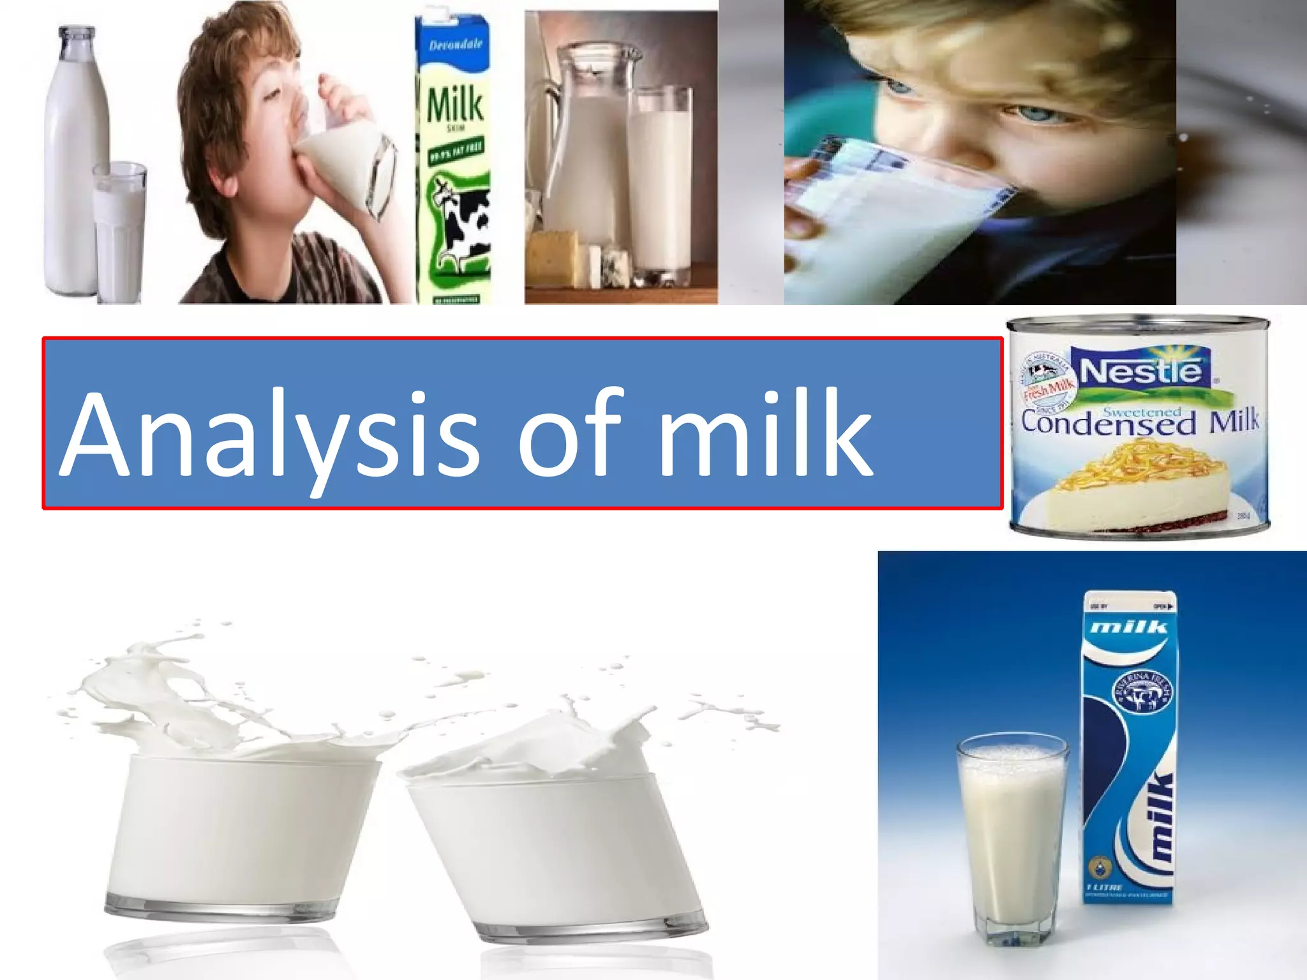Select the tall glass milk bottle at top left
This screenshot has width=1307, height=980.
(71, 160)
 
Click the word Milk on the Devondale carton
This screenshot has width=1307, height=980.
(454, 105)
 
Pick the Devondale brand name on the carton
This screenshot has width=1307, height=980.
(456, 45)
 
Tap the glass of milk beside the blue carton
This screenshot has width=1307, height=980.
(1012, 836)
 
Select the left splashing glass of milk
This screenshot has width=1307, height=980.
(243, 829)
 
